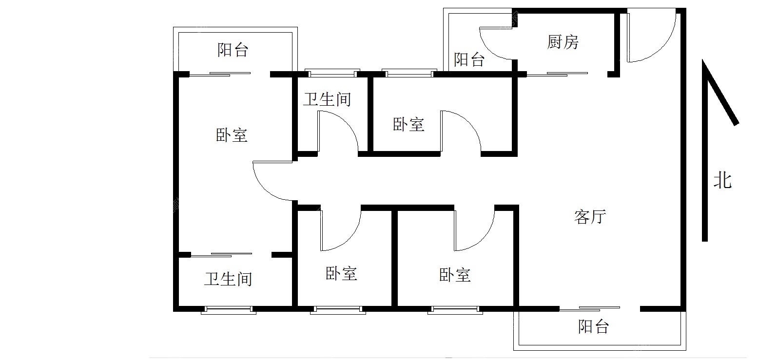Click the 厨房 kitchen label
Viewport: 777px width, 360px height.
pyautogui.click(x=563, y=42)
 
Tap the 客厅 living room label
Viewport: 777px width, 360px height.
pyautogui.click(x=590, y=217)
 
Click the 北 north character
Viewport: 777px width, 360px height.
pyautogui.click(x=722, y=181)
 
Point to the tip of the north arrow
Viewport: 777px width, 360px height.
pyautogui.click(x=703, y=59)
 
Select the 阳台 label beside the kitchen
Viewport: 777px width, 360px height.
pyautogui.click(x=469, y=59)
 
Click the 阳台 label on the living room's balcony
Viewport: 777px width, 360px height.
pyautogui.click(x=593, y=326)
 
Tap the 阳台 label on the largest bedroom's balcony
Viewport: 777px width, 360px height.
pyautogui.click(x=233, y=50)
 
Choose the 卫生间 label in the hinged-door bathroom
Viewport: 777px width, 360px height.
pyautogui.click(x=327, y=99)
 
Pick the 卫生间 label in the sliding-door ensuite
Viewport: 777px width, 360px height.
pyautogui.click(x=228, y=279)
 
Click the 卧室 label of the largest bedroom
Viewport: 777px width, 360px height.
pyautogui.click(x=232, y=135)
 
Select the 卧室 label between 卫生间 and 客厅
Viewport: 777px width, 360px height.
pyautogui.click(x=408, y=124)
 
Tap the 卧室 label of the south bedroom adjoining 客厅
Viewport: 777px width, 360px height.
pyautogui.click(x=455, y=275)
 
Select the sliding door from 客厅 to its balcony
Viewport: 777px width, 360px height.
pyautogui.click(x=590, y=308)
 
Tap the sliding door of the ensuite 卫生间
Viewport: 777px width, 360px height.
pyautogui.click(x=221, y=255)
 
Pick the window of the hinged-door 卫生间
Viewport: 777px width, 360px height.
pyautogui.click(x=332, y=73)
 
